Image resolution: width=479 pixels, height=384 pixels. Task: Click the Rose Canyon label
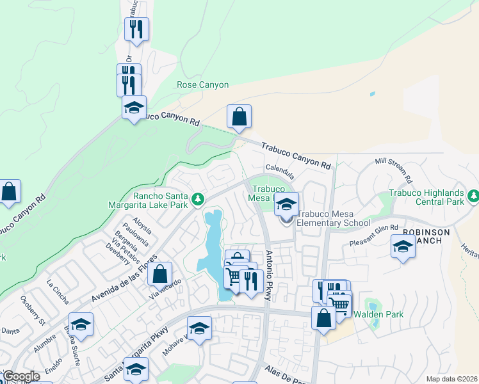tap(202, 84)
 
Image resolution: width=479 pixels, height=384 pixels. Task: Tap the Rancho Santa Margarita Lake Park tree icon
tap(199, 200)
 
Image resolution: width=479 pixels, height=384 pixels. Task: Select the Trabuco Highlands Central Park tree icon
tap(473, 195)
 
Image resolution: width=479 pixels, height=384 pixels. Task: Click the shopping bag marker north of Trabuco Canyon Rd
tap(239, 116)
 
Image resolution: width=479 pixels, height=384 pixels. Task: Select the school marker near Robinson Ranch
tap(403, 246)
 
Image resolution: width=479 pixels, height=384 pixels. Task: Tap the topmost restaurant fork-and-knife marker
tap(136, 28)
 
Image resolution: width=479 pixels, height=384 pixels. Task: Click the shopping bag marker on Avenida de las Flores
tap(160, 274)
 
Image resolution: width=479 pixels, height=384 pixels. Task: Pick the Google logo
tap(21, 376)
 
